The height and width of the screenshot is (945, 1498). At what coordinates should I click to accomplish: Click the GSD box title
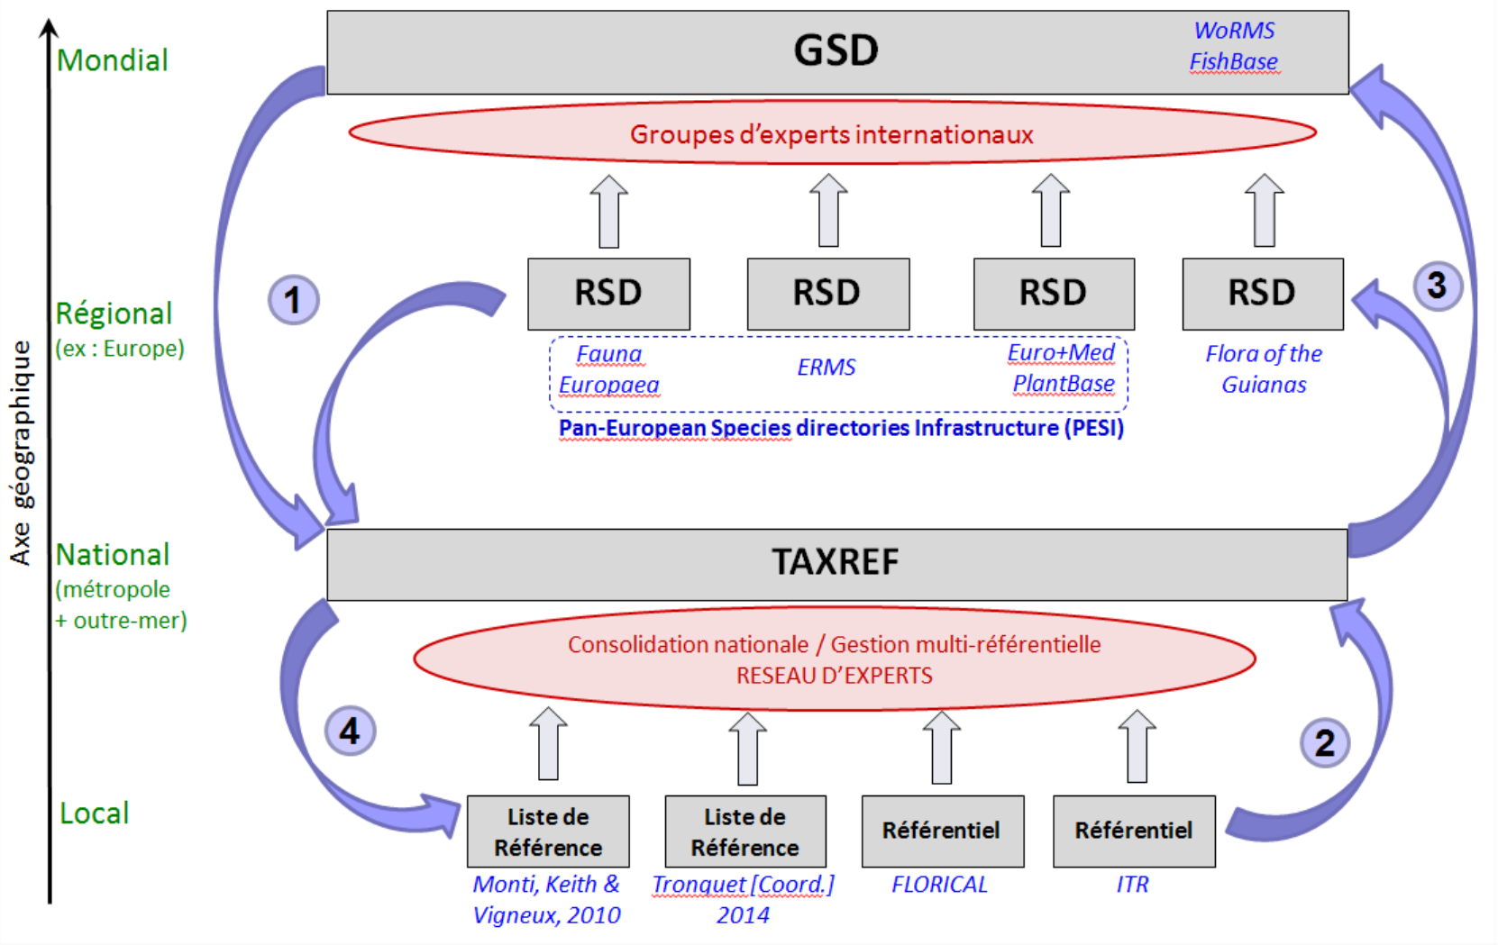836,50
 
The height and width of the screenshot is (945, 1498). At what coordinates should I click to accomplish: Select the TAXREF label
836,562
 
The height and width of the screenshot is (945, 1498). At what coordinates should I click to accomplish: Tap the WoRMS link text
1234,31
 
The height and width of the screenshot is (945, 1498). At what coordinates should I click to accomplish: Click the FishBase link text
1233,61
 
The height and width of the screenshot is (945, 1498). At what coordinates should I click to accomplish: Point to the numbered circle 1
293,300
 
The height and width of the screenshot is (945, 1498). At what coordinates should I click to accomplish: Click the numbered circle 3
1437,286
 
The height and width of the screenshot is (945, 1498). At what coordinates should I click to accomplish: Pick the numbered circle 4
350,731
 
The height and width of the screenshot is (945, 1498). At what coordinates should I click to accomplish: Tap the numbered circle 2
1324,743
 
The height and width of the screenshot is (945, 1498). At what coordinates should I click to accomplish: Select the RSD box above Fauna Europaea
608,294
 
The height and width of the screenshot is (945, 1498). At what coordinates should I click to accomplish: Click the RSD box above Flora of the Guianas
1262,294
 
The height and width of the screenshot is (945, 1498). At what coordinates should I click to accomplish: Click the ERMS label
826,368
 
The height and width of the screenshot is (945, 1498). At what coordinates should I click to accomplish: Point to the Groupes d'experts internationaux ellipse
831,134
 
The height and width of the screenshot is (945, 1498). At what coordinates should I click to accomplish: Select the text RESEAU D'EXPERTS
834,676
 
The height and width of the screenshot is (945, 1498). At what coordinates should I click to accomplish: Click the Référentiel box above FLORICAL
942,831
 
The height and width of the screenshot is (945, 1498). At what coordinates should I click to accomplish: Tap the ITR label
1132,885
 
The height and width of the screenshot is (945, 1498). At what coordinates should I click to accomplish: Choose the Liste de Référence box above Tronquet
744,831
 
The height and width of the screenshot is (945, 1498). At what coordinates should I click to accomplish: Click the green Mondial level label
113,60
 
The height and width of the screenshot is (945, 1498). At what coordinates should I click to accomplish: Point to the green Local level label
95,813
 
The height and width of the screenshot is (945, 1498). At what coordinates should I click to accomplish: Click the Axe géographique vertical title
21,452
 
